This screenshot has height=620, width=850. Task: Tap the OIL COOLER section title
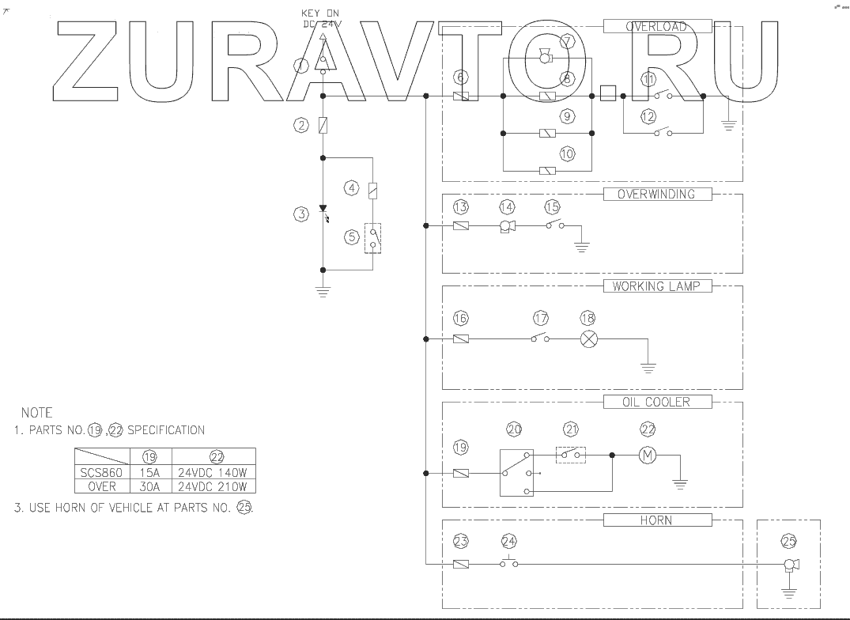pos(656,402)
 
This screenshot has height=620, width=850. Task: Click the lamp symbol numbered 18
pos(588,338)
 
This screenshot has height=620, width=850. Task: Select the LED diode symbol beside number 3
pos(323,212)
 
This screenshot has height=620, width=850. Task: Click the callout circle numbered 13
pos(461,207)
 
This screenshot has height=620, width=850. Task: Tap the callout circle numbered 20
pos(515,429)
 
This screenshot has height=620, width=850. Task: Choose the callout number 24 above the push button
pos(510,542)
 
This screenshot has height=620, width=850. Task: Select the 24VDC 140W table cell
pos(213,472)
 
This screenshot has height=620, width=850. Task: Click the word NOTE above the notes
pos(37,413)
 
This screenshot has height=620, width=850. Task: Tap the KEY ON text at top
pos(320,13)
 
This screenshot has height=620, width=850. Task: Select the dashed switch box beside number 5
pos(372,237)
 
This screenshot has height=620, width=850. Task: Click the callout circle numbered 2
pos(300,125)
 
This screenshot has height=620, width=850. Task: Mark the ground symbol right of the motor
pos(679,481)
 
